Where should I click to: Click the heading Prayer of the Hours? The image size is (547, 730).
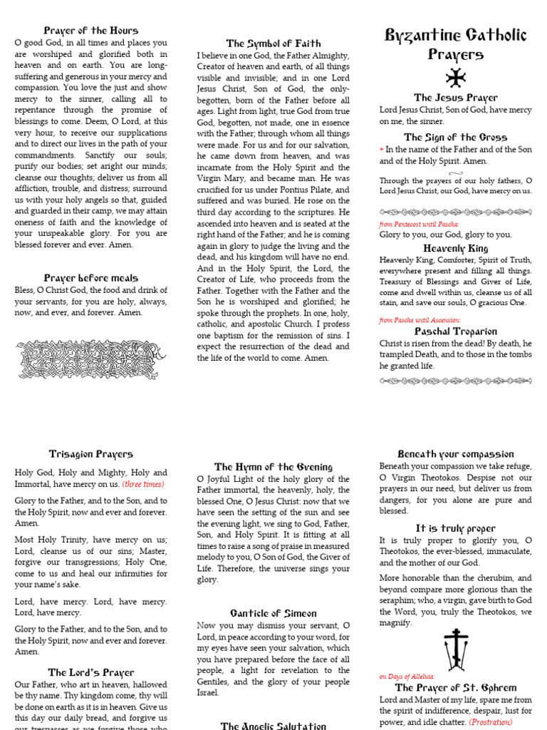pos(91,31)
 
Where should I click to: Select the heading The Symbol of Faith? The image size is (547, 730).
pos(273,43)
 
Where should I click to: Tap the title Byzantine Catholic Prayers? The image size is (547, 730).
pos(456,44)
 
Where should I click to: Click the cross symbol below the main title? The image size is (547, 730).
pos(455,78)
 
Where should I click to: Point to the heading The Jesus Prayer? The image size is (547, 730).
pos(456,98)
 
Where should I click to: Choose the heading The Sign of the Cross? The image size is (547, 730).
pos(456,137)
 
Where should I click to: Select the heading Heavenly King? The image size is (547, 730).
pos(456,248)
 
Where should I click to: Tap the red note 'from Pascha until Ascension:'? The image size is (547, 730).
pos(420,320)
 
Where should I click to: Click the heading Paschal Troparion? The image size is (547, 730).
pos(456,331)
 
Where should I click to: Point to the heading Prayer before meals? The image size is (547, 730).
pos(91,278)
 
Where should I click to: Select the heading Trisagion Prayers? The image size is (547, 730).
pos(91,453)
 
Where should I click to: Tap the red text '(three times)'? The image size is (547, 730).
pos(143,484)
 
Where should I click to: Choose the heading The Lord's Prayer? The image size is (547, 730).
pos(91,672)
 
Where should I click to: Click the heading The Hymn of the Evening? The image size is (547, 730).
pos(273,467)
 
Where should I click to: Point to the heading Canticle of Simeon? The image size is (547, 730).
pos(273,613)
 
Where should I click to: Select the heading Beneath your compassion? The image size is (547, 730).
pos(456,454)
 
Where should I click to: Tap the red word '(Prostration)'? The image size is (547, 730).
pos(491,722)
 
